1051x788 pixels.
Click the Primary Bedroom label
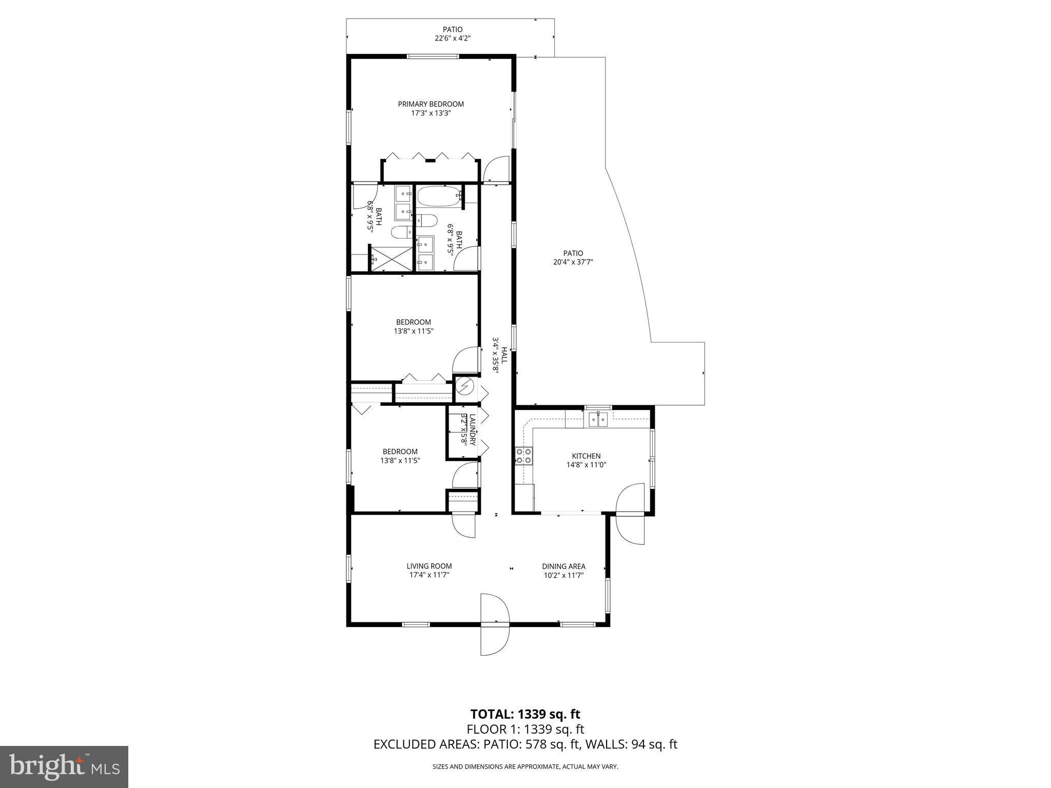pos(431,104)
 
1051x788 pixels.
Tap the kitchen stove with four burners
pos(524,456)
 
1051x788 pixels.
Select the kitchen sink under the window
pos(598,420)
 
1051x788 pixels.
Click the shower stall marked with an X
pos(391,258)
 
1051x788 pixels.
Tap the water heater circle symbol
pos(465,386)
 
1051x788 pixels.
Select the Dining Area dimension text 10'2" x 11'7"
pos(563,575)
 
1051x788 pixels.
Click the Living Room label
pos(429,566)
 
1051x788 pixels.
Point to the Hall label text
pos(504,355)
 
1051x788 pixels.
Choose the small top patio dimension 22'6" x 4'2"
pos(452,38)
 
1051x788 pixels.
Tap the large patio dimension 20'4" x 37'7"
pos(573,262)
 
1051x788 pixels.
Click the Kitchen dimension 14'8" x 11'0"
pos(586,465)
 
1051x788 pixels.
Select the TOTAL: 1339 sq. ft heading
pos(525,714)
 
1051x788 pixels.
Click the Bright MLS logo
pos(64,767)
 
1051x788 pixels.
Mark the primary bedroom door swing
pos(495,170)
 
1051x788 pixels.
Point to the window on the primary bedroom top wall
pos(432,56)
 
